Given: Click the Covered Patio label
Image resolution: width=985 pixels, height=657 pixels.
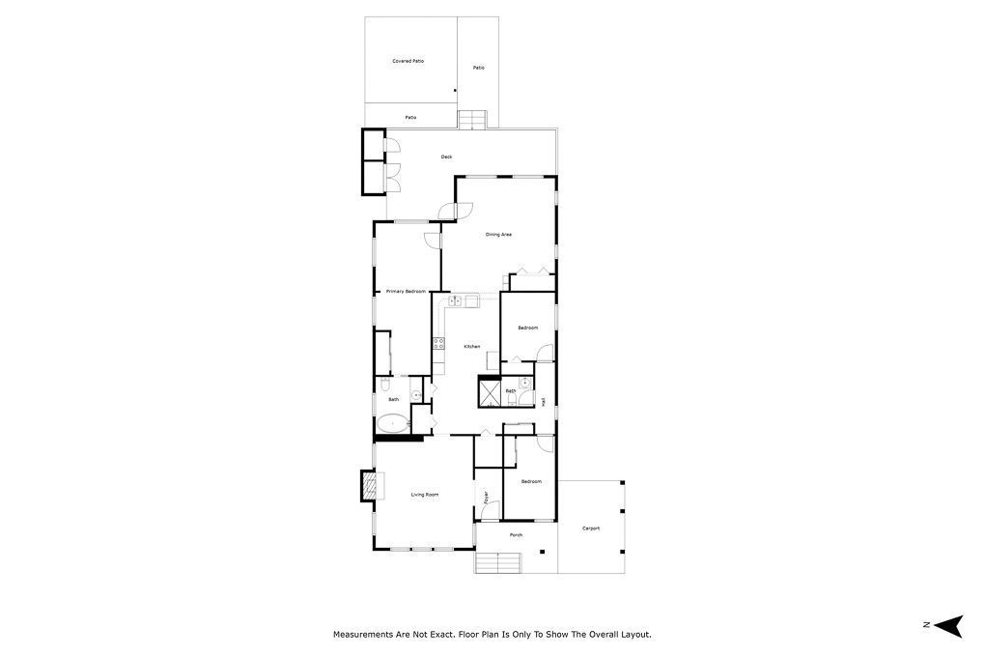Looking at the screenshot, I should coord(408,61).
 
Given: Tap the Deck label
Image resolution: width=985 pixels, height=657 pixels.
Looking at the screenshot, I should coord(446,157).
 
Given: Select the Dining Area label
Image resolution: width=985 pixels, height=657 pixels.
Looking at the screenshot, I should coord(498,234).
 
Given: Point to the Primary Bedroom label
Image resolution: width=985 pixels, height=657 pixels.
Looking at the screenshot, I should coord(406,291).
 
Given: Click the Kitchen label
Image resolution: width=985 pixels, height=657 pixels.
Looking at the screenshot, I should coord(471,346).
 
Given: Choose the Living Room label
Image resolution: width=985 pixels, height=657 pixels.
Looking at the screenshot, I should coord(425,495).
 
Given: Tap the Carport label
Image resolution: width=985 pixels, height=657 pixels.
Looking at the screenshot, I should coord(591,528).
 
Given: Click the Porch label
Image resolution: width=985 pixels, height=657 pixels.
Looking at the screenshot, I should coord(516,534).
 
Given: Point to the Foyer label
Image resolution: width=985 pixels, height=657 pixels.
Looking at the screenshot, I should coord(486,497).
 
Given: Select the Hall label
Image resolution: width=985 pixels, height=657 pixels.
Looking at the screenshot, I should coord(544,401).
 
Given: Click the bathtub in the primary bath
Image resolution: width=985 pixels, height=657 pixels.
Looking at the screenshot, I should coord(392,423).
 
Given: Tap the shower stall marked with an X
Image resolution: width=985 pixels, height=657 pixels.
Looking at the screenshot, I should coord(489,391).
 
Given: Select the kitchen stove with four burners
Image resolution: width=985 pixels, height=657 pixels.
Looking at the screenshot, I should coord(438,343).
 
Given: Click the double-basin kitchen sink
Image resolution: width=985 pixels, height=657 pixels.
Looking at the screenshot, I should coord(456,301).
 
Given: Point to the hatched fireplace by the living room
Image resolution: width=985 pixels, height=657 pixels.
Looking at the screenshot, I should coord(368,485).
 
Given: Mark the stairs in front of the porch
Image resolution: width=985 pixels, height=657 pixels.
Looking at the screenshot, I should coord(497,562).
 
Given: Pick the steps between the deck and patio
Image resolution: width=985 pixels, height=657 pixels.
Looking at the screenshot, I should coord(471,120).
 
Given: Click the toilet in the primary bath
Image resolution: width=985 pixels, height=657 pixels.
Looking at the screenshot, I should coord(414,391).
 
